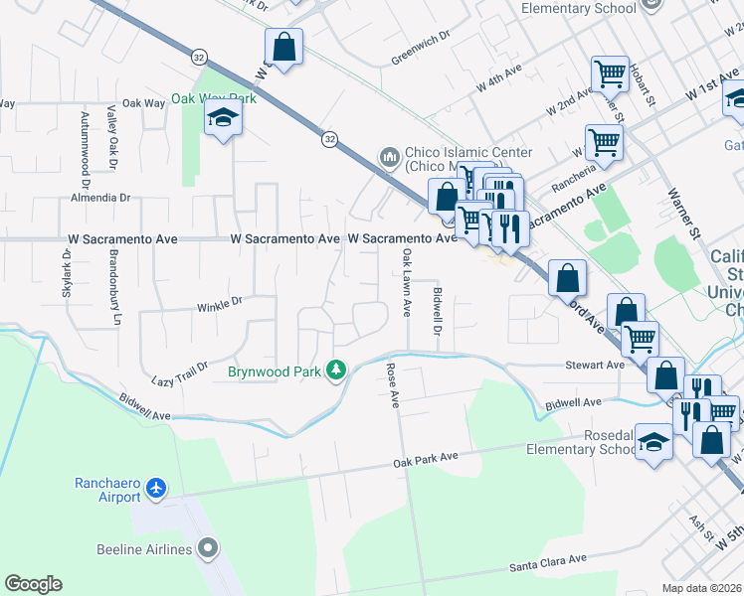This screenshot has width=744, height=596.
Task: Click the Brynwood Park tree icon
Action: pyautogui.click(x=338, y=371)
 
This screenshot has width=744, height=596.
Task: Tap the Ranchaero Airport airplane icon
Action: pyautogui.click(x=156, y=489)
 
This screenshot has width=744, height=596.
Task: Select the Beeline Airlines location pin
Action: pyautogui.click(x=207, y=548)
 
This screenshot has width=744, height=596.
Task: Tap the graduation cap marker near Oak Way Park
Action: pyautogui.click(x=224, y=120)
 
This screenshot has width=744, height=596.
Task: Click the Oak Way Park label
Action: pyautogui.click(x=213, y=98)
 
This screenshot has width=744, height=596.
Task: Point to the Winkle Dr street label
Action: pyautogui.click(x=219, y=303)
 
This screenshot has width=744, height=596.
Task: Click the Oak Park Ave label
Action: pyautogui.click(x=425, y=458)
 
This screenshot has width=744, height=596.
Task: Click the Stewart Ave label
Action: pyautogui.click(x=595, y=366)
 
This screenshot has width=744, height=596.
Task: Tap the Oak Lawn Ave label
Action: pyautogui.click(x=406, y=282)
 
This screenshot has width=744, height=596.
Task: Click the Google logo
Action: pyautogui.click(x=33, y=584)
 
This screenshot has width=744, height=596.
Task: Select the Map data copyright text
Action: pyautogui.click(x=702, y=588)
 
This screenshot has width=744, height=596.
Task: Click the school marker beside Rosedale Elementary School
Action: pyautogui.click(x=653, y=441)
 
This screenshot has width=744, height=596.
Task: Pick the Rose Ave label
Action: pyautogui.click(x=393, y=385)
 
